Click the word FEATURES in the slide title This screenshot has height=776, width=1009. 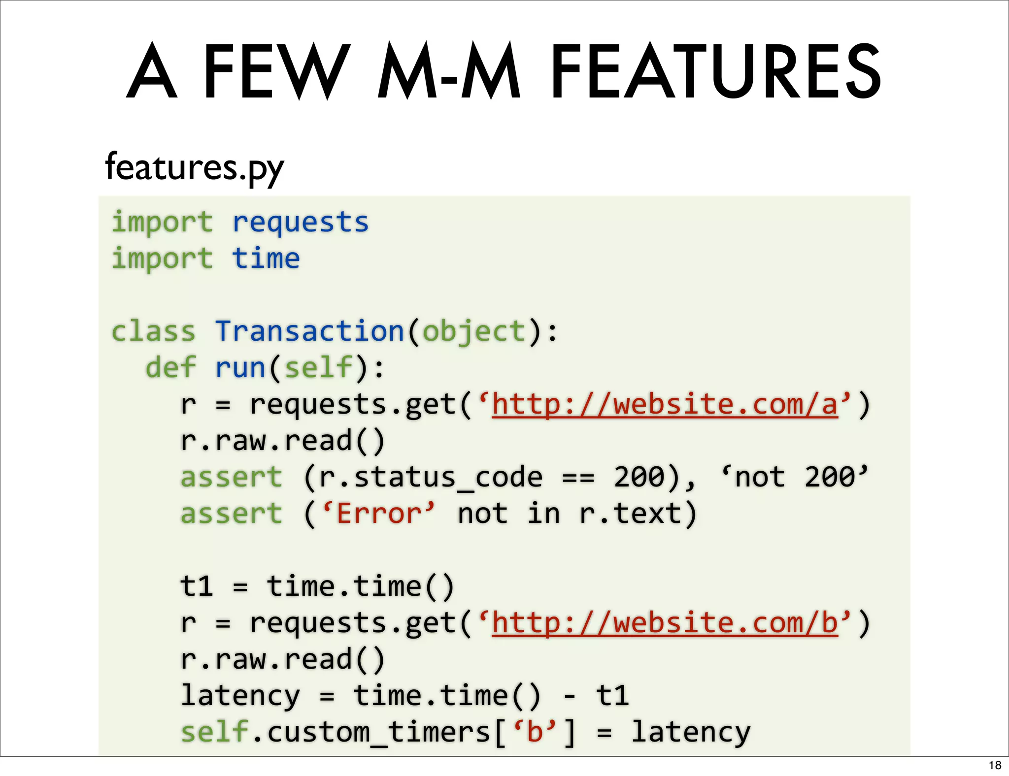pyautogui.click(x=715, y=71)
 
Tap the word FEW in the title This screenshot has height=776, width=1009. pyautogui.click(x=276, y=71)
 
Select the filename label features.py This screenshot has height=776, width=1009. pyautogui.click(x=195, y=167)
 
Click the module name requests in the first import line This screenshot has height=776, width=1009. pyautogui.click(x=300, y=222)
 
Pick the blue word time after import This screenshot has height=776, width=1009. pyautogui.click(x=266, y=259)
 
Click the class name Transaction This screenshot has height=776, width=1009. pyautogui.click(x=309, y=331)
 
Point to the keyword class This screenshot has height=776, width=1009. pyautogui.click(x=153, y=331)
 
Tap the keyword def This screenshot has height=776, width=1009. pyautogui.click(x=170, y=367)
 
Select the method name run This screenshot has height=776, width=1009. pyautogui.click(x=240, y=367)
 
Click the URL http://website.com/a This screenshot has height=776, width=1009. pyautogui.click(x=665, y=404)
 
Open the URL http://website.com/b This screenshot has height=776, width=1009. pyautogui.click(x=665, y=623)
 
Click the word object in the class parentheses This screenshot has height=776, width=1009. pyautogui.click(x=474, y=331)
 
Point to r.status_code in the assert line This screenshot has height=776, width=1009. pyautogui.click(x=431, y=477)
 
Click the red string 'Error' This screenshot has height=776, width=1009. pyautogui.click(x=378, y=513)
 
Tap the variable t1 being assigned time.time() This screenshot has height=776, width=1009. pyautogui.click(x=197, y=586)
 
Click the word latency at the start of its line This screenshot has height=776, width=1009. pyautogui.click(x=240, y=696)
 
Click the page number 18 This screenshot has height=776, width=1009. pyautogui.click(x=995, y=765)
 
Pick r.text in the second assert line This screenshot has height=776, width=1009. pyautogui.click(x=630, y=514)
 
